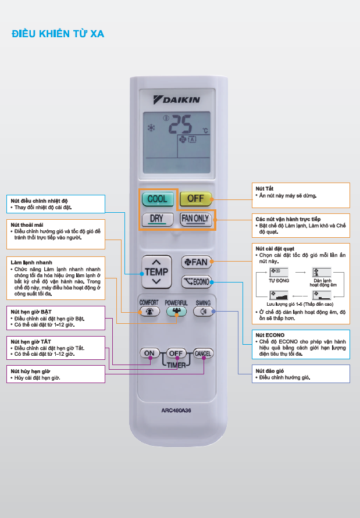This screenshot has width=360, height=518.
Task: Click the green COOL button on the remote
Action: click(x=157, y=199)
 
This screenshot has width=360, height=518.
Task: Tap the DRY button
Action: click(x=156, y=219)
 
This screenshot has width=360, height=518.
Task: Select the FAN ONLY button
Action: click(x=195, y=219)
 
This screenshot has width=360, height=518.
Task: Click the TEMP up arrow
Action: click(x=157, y=260)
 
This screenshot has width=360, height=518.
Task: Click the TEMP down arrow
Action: click(x=157, y=282)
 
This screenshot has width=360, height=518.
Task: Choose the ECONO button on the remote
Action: click(x=195, y=283)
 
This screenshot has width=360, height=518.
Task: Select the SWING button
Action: click(x=203, y=311)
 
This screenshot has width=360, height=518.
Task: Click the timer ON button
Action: click(x=149, y=353)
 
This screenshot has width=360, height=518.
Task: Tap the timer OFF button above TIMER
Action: click(x=176, y=353)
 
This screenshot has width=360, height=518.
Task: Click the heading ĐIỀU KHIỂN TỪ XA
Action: click(x=58, y=34)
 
